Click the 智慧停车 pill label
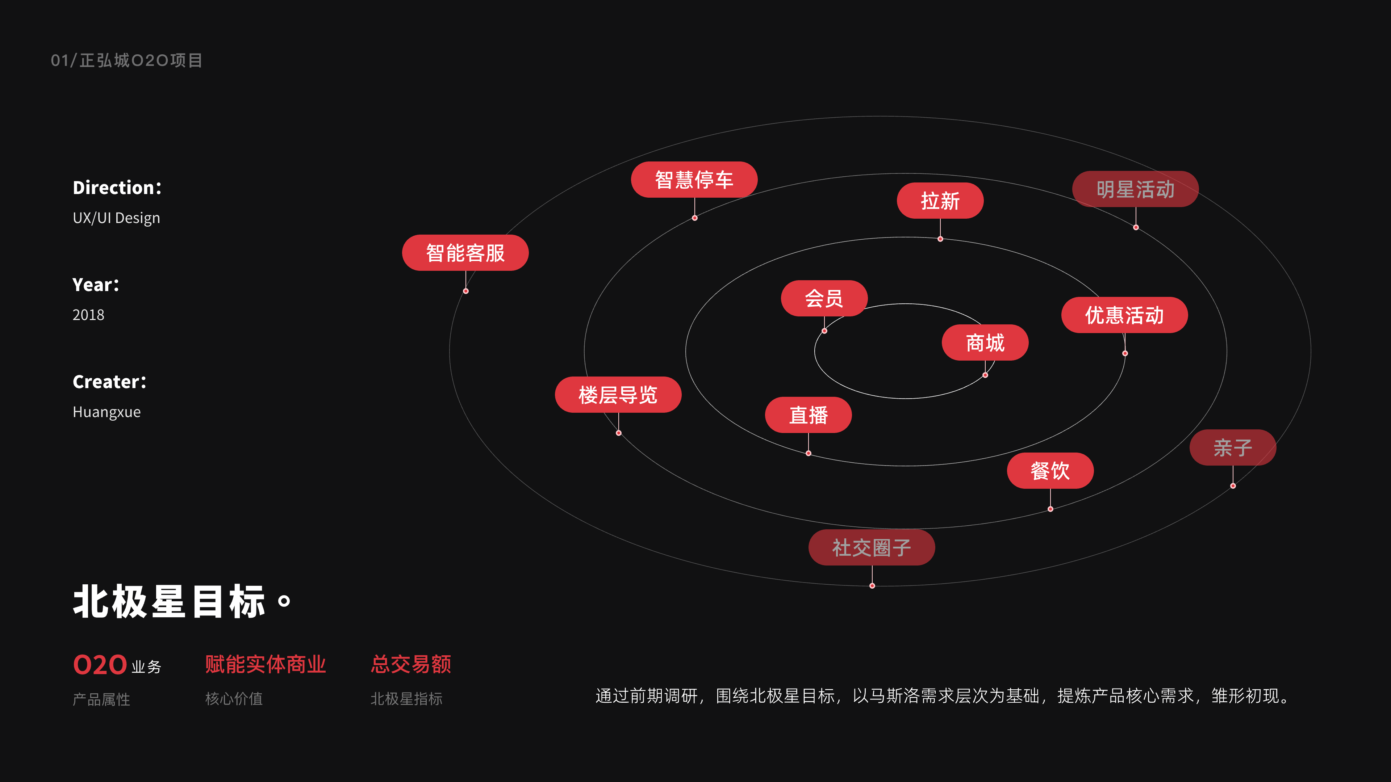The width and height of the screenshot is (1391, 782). pyautogui.click(x=694, y=180)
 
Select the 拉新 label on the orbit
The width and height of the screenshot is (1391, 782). pyautogui.click(x=940, y=201)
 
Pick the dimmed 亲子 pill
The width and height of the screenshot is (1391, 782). pyautogui.click(x=1232, y=447)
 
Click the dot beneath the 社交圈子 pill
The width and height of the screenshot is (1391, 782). pyautogui.click(x=872, y=585)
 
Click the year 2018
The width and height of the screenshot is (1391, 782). pyautogui.click(x=88, y=315)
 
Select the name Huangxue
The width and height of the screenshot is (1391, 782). pyautogui.click(x=106, y=412)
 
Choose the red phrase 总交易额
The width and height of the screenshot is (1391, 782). pyautogui.click(x=410, y=664)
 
